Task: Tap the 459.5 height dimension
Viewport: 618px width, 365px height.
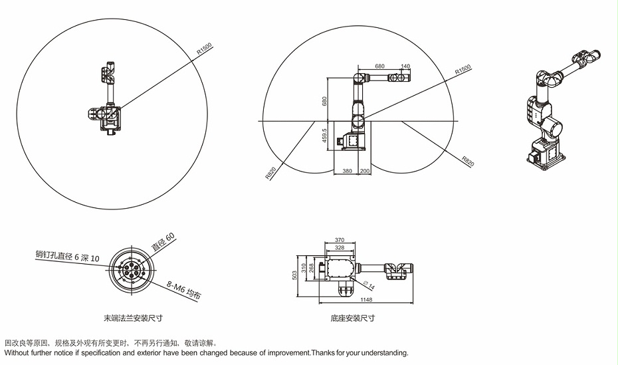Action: pos(324,135)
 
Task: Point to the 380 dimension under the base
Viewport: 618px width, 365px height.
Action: pos(347,171)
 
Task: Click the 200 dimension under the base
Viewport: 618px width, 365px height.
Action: pos(364,171)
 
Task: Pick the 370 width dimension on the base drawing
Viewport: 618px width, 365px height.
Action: pos(340,239)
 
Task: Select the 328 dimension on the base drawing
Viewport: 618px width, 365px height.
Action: pos(340,247)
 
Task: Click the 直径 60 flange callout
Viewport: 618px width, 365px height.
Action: pos(163,242)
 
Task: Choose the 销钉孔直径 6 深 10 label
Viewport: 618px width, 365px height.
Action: pos(67,255)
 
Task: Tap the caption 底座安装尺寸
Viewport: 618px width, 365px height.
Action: pos(353,318)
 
